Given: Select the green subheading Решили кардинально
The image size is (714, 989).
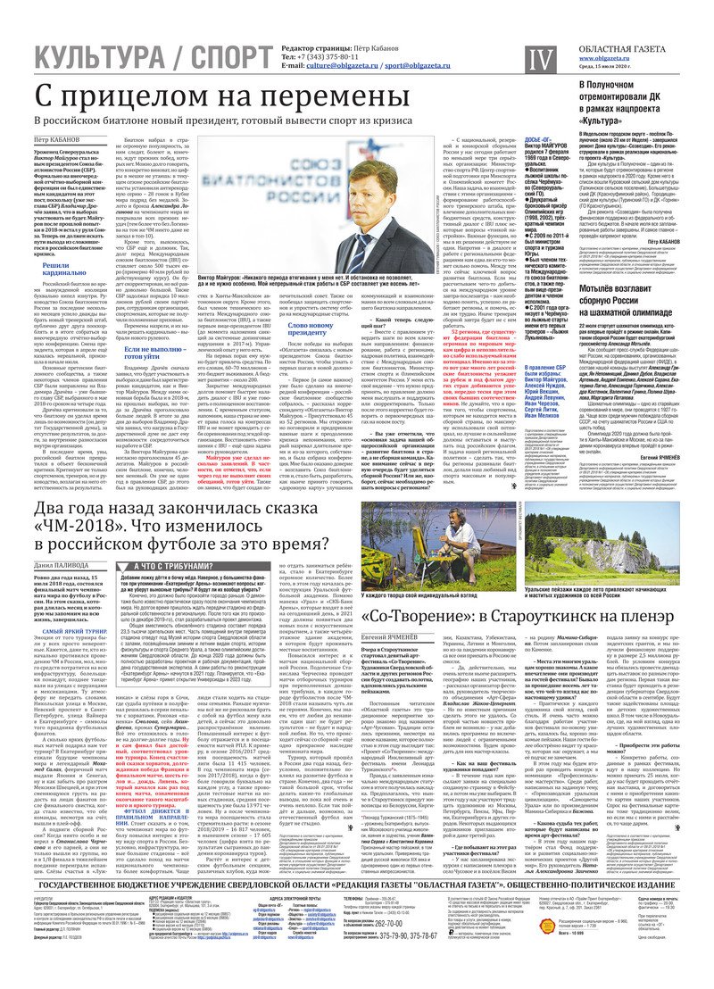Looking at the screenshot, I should pos(70,272).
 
